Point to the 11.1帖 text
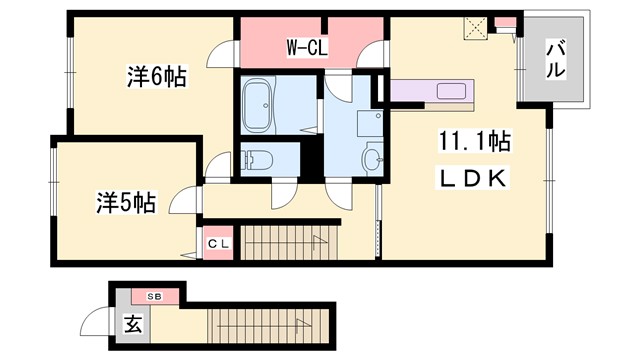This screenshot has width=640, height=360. point(473,142)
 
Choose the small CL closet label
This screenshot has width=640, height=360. point(218,243)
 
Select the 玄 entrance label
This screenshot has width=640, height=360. point(132,325)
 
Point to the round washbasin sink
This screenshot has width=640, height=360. point(374,160)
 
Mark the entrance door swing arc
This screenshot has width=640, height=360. point(97,322)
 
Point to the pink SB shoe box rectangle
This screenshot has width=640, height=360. point(156,297)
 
